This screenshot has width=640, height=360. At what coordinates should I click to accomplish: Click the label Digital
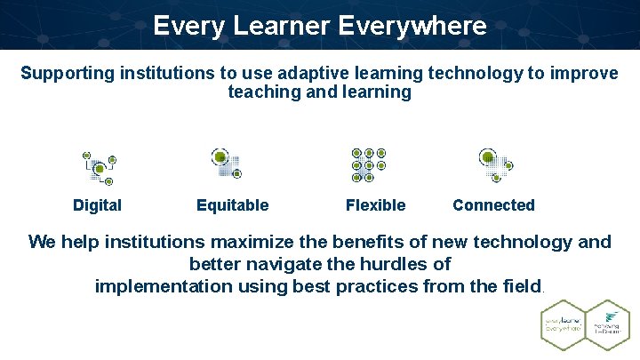[97, 205]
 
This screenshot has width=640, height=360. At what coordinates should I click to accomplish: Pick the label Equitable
[232, 205]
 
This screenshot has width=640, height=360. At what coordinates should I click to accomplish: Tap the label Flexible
[375, 205]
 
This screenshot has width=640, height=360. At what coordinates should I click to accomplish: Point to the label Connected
[493, 205]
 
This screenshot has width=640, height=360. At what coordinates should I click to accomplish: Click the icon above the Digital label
[100, 167]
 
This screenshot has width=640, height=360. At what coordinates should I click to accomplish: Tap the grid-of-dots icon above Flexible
[368, 164]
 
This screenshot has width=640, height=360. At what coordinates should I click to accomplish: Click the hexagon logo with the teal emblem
[607, 324]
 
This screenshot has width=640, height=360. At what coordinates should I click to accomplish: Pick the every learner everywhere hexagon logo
[564, 324]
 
